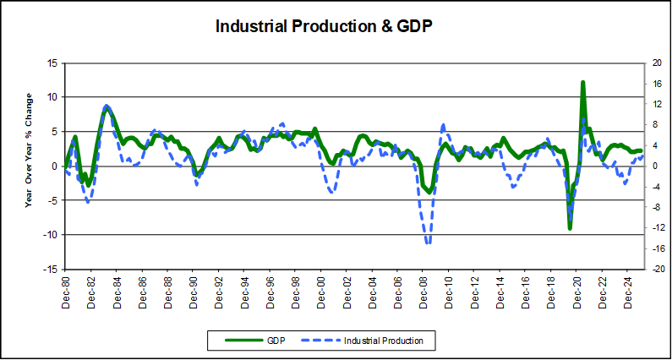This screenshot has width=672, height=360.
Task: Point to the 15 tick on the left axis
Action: [52, 63]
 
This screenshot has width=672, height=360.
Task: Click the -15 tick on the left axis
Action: [51, 270]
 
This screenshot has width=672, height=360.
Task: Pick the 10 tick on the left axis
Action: [52, 97]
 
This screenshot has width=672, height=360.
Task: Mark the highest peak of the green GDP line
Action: [583, 83]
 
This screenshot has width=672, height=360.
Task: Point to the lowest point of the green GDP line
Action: [570, 227]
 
